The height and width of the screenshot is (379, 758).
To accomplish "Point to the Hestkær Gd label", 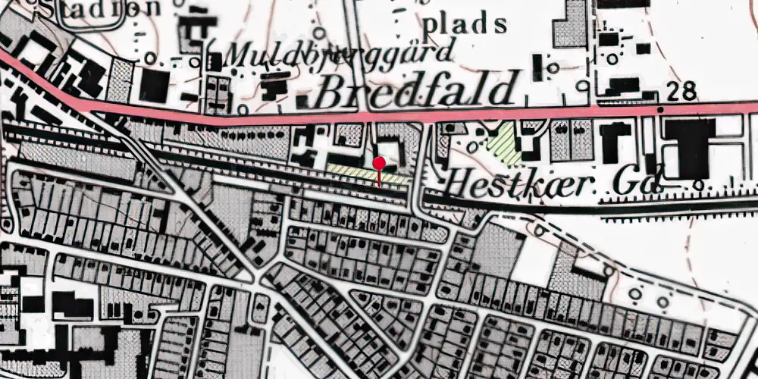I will [553, 181].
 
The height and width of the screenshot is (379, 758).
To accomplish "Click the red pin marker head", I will [379, 163].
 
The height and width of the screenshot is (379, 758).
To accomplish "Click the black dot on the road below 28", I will [660, 110].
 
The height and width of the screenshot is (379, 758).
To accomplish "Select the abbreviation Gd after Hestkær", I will [643, 180].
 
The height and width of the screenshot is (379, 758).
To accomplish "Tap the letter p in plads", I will [430, 25].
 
